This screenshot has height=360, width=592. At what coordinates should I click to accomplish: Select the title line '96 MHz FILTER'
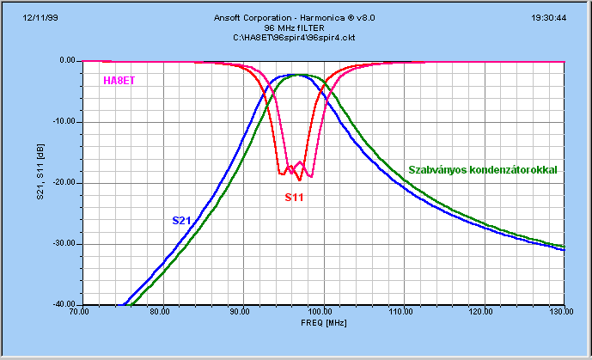296,27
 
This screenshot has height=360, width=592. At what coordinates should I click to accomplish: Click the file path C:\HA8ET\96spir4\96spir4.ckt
296,38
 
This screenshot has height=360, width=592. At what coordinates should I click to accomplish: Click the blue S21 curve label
181,221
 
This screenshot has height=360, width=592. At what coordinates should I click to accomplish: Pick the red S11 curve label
295,198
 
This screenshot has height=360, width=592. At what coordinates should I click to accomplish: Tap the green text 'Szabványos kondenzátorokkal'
482,170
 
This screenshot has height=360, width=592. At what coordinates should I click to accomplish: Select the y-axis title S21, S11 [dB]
40,182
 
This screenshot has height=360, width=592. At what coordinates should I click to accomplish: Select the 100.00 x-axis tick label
322,312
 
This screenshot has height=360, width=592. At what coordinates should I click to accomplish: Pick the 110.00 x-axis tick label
403,312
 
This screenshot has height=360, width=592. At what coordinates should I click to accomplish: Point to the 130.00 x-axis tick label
563,312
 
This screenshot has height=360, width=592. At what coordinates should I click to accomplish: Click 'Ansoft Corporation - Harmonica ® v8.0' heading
296,17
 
